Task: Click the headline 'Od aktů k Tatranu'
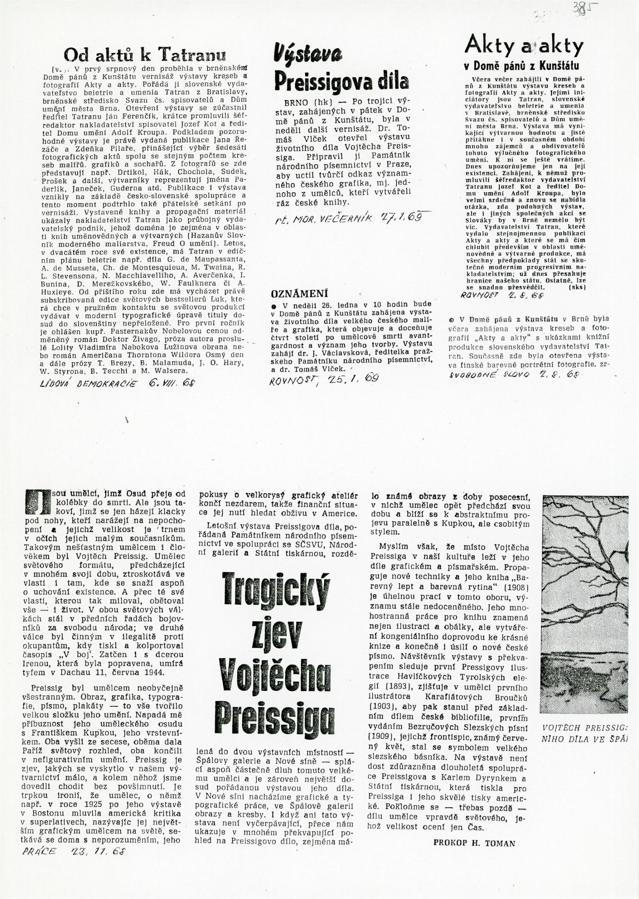click(145, 54)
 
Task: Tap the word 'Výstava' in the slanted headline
click(308, 54)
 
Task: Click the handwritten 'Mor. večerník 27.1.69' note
click(348, 217)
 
